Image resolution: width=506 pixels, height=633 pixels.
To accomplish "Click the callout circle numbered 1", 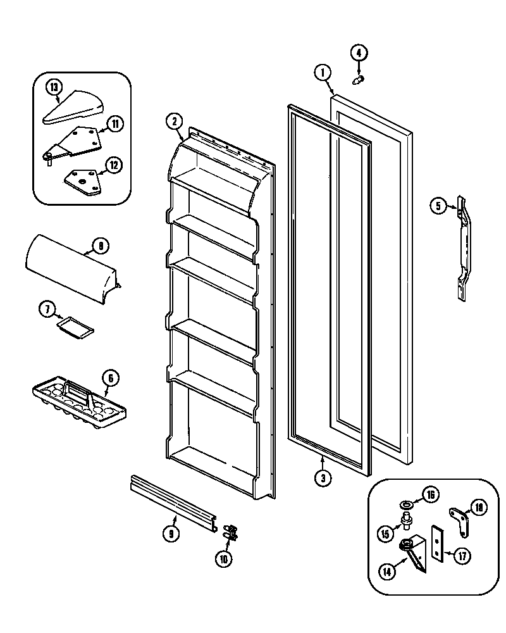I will pos(323,72).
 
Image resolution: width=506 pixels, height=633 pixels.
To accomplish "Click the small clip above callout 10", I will pos(233,530).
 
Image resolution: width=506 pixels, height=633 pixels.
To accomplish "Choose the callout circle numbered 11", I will pos(114,123).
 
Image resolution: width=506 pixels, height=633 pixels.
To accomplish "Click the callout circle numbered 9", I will pos(170,534).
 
